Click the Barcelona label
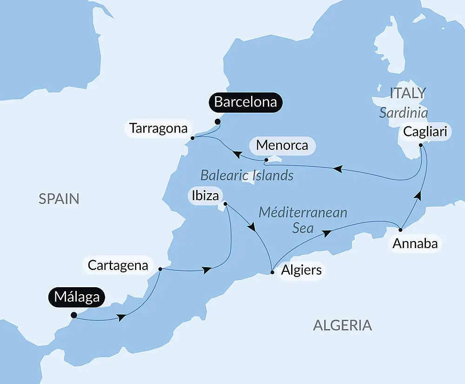pyautogui.click(x=246, y=102)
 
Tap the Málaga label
pyautogui.click(x=77, y=296)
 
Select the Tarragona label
pyautogui.click(x=159, y=128)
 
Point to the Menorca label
pyautogui.click(x=282, y=145)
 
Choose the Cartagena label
pyautogui.click(x=118, y=266)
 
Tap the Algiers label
pyautogui.click(x=301, y=270)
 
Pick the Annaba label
pyautogui.click(x=415, y=243)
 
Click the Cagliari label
pyautogui.click(x=425, y=132)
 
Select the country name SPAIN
pyautogui.click(x=59, y=199)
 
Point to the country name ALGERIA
pyautogui.click(x=342, y=325)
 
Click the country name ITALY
pyautogui.click(x=407, y=93)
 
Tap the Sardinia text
pyautogui.click(x=404, y=113)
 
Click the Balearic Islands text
pyautogui.click(x=246, y=175)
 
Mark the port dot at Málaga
pyautogui.click(x=73, y=315)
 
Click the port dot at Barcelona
pyautogui.click(x=217, y=122)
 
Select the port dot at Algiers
pyautogui.click(x=272, y=273)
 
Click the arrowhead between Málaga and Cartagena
pyautogui.click(x=122, y=317)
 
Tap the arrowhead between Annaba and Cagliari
pyautogui.click(x=418, y=196)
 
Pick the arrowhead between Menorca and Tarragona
pyautogui.click(x=237, y=154)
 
